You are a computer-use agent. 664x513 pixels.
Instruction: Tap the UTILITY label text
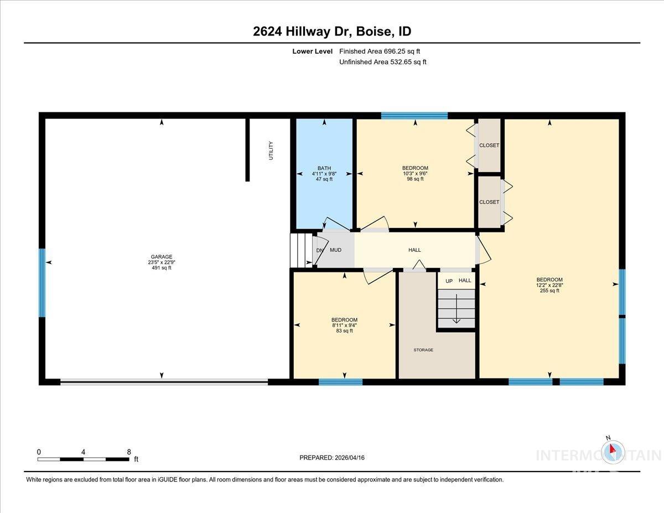tap(271, 151)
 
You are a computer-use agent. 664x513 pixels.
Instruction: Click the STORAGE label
tap(423, 350)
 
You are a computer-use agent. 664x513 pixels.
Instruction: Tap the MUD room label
tap(335, 250)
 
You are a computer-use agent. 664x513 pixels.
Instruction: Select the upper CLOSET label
tap(489, 146)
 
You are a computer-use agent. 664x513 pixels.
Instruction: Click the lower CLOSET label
tap(489, 202)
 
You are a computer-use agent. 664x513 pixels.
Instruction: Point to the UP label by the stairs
tap(449, 281)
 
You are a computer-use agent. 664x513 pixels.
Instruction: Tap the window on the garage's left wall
tap(41, 282)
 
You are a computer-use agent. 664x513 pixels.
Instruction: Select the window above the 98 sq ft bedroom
tap(414, 116)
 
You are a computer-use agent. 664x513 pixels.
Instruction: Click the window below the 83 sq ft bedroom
tap(340, 382)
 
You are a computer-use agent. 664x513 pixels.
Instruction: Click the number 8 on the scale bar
tap(129, 452)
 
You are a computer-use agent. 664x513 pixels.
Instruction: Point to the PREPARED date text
tap(332, 458)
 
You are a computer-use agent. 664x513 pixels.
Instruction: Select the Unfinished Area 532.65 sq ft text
tap(382, 62)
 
